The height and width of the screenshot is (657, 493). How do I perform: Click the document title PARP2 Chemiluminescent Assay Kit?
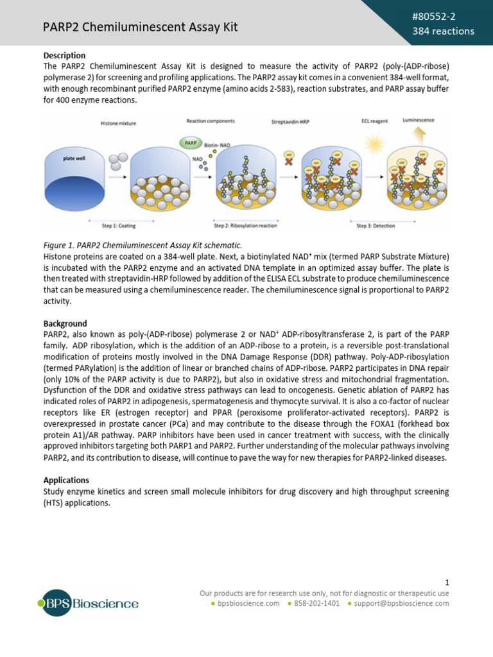pyautogui.click(x=140, y=26)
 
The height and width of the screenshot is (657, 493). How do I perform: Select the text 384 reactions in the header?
pyautogui.click(x=443, y=31)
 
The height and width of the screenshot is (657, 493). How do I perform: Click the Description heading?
pyautogui.click(x=64, y=56)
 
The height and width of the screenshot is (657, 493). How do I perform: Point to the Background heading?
pyautogui.click(x=65, y=323)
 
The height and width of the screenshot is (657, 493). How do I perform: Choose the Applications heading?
pyautogui.click(x=66, y=480)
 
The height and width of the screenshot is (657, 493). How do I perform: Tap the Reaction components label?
pyautogui.click(x=211, y=121)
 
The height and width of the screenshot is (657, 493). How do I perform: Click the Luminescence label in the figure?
pyautogui.click(x=417, y=120)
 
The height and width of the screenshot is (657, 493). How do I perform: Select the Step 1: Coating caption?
pyautogui.click(x=119, y=226)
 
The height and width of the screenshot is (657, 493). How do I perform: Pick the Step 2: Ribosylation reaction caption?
pyautogui.click(x=245, y=226)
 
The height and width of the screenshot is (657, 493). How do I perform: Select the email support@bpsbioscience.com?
pyautogui.click(x=402, y=604)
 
